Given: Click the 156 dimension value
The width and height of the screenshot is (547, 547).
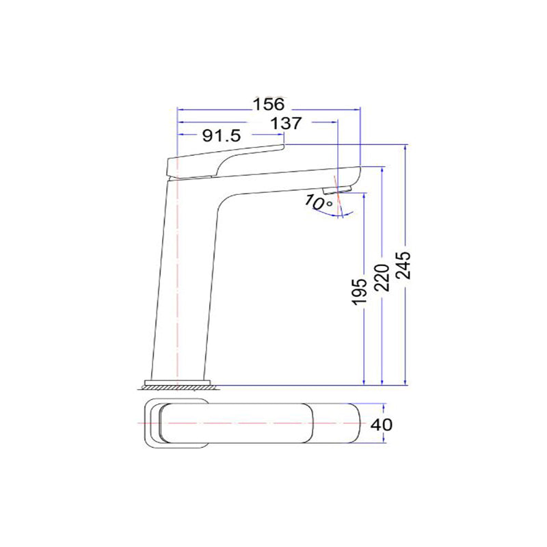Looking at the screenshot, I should click(268, 105).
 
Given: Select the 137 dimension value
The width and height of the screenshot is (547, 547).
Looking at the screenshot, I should click(286, 123).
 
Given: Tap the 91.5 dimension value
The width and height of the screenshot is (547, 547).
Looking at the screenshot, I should click(220, 136).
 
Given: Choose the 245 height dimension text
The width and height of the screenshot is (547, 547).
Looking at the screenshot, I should click(404, 263).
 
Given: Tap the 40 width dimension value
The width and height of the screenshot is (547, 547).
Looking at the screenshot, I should click(382, 425).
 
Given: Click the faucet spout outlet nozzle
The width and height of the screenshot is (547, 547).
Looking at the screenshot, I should click(336, 189).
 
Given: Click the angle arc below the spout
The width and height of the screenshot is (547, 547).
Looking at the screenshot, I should click(339, 215).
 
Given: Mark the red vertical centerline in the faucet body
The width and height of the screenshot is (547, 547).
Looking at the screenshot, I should click(178, 273).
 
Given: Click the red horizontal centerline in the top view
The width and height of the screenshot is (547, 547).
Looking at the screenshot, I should click(260, 425).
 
